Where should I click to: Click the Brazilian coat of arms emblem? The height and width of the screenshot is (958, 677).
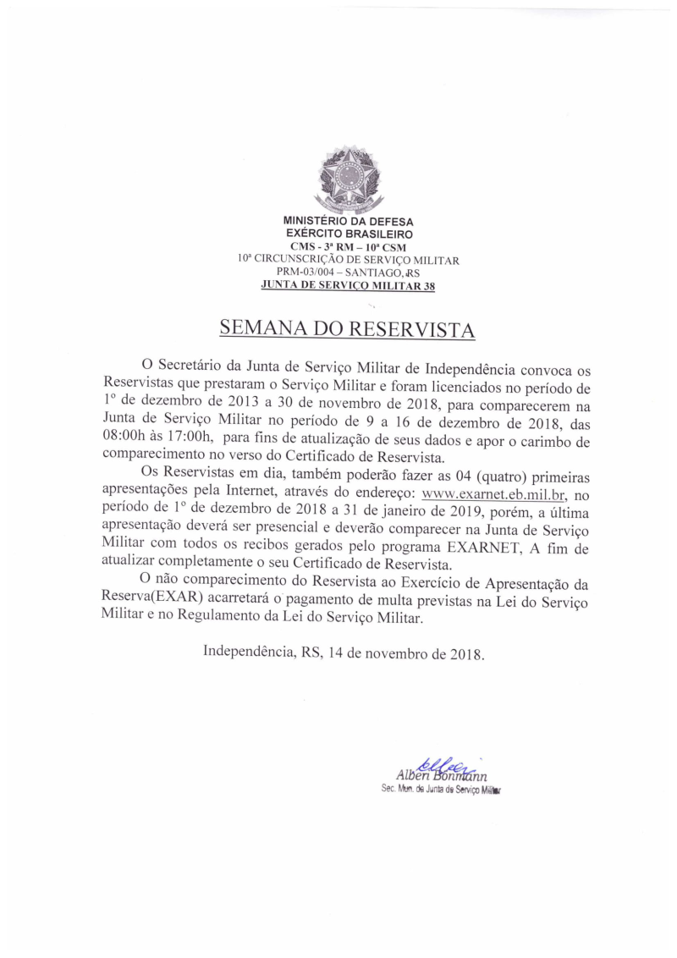(x=348, y=180)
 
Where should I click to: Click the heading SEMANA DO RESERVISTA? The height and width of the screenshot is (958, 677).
(x=347, y=328)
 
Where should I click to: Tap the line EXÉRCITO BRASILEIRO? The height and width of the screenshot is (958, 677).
(x=348, y=233)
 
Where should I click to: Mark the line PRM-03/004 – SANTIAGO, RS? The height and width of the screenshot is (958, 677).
(x=348, y=273)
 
